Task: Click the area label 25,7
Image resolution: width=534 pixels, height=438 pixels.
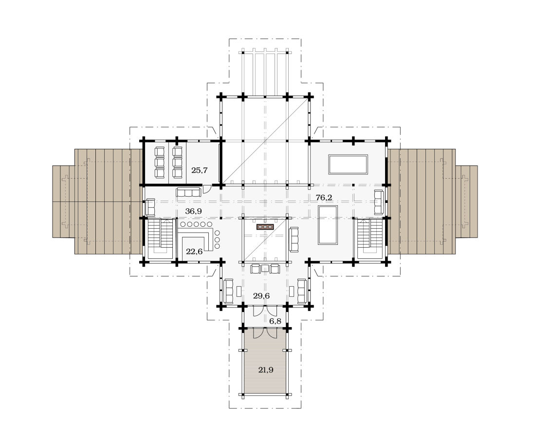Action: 200,170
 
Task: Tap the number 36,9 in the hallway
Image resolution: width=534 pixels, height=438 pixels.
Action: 193,211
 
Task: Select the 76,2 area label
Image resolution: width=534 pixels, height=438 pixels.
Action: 324,197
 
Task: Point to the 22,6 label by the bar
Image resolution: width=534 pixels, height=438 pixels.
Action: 194,252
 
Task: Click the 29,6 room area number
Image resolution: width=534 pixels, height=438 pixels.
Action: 261,295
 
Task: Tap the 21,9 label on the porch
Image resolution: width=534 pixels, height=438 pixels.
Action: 266,370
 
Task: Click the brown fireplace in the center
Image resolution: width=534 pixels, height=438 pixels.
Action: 265,227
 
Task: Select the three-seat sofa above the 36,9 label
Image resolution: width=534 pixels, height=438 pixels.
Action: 189,192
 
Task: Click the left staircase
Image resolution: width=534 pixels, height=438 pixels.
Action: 161,239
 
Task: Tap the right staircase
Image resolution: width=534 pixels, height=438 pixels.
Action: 370,239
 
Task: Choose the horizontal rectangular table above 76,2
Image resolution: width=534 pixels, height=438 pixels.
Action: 348,164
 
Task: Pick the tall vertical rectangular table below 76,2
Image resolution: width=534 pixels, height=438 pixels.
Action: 328,225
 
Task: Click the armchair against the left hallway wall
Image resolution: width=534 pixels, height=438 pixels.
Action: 150,207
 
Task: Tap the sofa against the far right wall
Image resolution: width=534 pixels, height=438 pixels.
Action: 379,202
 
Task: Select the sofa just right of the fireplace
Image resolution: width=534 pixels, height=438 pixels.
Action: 294,239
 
